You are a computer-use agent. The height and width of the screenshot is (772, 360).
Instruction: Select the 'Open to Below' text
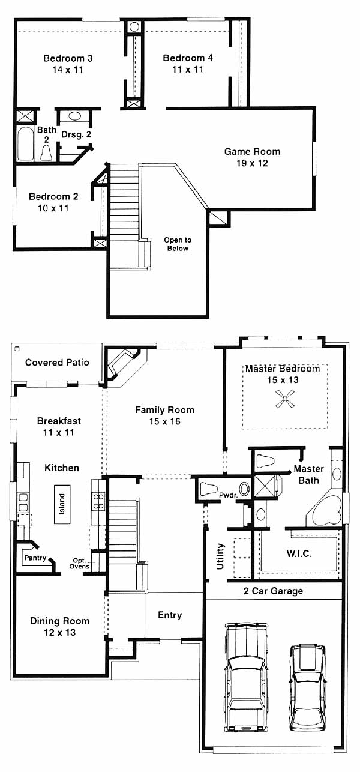point(178,244)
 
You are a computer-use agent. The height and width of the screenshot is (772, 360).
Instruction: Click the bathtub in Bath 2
point(25,143)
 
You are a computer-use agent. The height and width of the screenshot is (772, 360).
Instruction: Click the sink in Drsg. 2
point(74,116)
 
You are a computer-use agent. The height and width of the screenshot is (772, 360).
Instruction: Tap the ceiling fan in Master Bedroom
point(285,399)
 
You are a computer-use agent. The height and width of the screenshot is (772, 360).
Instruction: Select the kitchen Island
point(62,504)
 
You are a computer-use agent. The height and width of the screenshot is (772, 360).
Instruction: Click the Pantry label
point(35,558)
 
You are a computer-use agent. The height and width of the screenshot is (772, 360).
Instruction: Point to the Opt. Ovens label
point(80,564)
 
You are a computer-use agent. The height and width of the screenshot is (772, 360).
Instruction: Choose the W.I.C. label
point(299,554)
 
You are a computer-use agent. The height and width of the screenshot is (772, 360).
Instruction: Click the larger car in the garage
point(246,677)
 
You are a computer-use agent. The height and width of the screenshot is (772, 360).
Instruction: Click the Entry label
point(170,615)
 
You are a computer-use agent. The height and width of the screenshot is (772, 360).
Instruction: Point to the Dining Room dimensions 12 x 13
point(59,632)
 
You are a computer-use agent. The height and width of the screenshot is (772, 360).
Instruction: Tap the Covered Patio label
point(57,363)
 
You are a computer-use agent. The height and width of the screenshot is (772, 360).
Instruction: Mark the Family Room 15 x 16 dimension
point(164,421)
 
